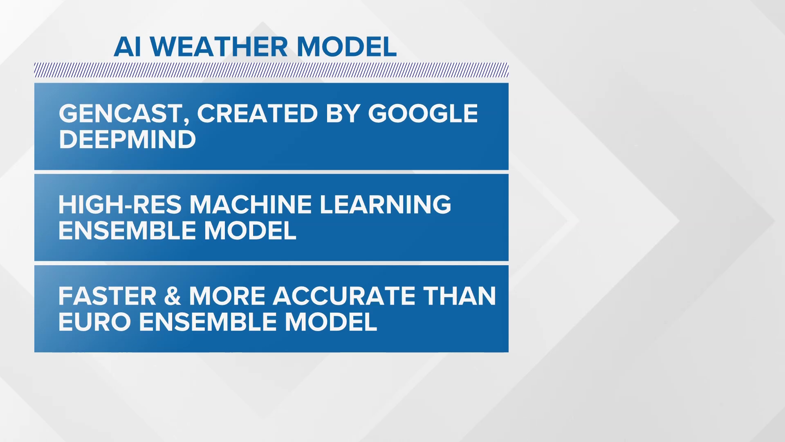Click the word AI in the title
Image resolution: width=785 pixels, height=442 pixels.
pyautogui.click(x=128, y=47)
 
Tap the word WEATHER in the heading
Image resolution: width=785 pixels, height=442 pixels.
pyautogui.click(x=219, y=47)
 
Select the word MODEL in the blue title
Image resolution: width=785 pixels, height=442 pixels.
pyautogui.click(x=346, y=47)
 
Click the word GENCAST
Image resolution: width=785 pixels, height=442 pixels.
pyautogui.click(x=121, y=113)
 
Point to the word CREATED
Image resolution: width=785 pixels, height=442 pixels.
pyautogui.click(x=257, y=113)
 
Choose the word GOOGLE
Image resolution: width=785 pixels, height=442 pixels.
pyautogui.click(x=423, y=113)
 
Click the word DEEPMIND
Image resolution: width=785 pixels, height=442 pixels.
pyautogui.click(x=128, y=140)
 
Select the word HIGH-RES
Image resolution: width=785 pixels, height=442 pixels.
pyautogui.click(x=120, y=205)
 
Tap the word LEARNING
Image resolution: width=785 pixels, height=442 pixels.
pyautogui.click(x=385, y=205)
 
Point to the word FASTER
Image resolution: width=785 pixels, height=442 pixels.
pyautogui.click(x=108, y=296)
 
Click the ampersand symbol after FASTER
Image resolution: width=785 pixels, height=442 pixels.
pyautogui.click(x=173, y=296)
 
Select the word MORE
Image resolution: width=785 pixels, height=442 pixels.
pyautogui.click(x=227, y=296)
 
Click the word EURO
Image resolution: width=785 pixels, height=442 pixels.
pyautogui.click(x=94, y=322)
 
